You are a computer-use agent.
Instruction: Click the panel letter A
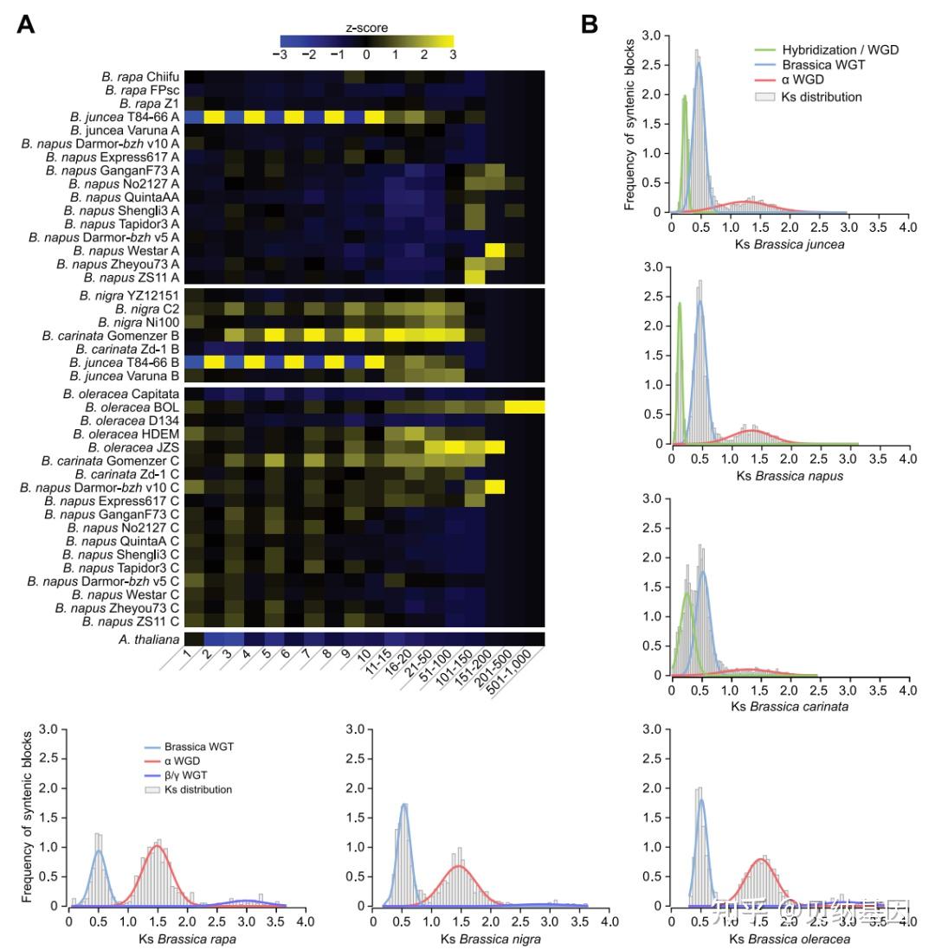click(x=26, y=24)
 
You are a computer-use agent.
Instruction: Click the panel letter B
click(x=590, y=24)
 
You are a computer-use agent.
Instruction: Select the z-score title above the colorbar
click(x=367, y=28)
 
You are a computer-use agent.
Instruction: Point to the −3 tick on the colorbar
click(x=281, y=55)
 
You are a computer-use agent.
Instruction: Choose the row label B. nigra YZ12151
click(x=131, y=297)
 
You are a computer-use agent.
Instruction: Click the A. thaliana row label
click(x=149, y=639)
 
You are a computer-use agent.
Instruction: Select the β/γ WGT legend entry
click(x=188, y=775)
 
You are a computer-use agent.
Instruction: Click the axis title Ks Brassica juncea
click(x=789, y=243)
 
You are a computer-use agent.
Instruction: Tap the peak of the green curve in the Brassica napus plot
click(x=680, y=303)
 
